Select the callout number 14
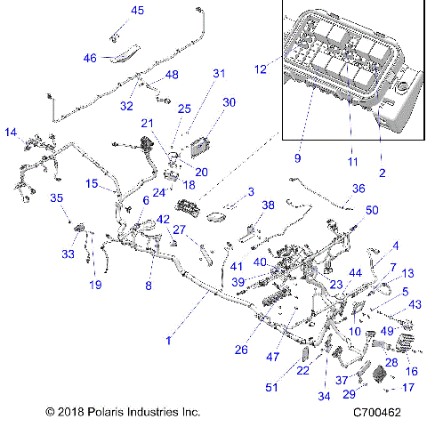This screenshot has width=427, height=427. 12,133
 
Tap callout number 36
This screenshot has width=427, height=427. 358,188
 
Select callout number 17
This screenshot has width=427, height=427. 408,388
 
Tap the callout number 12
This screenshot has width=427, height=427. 261,68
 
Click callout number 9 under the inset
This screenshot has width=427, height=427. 299,159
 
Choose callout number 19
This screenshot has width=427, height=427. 94,285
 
